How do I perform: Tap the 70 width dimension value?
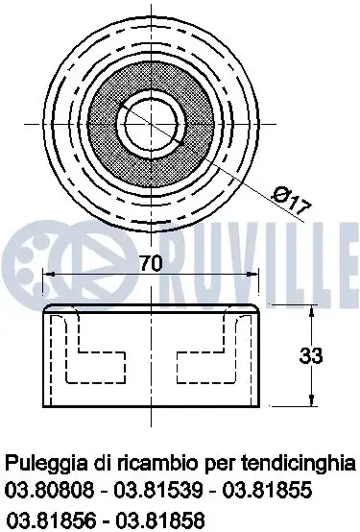click(151, 263)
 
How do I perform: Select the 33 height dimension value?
click(311, 356)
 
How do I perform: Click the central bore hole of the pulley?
click(151, 124)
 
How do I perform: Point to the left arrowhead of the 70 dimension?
click(50, 274)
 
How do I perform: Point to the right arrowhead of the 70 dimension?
click(252, 274)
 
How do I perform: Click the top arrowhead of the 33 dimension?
click(311, 311)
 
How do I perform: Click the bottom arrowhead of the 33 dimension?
click(311, 399)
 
